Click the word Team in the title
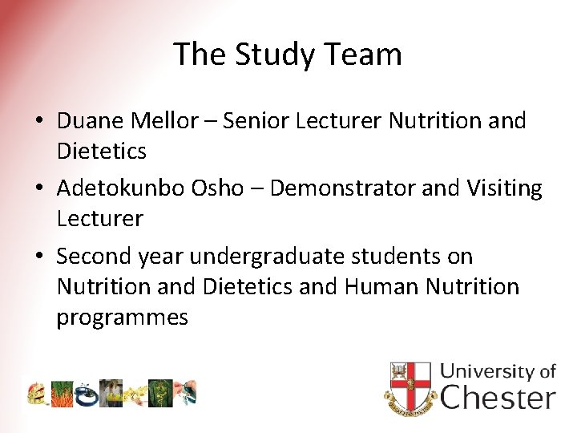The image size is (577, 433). [x=365, y=55]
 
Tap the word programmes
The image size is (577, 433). [x=122, y=317]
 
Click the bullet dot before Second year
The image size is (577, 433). [x=38, y=257]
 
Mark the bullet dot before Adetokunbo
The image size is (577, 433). [x=38, y=189]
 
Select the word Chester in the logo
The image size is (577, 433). [x=498, y=397]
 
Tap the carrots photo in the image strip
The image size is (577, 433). [x=62, y=393]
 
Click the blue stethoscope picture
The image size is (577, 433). [x=86, y=393]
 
